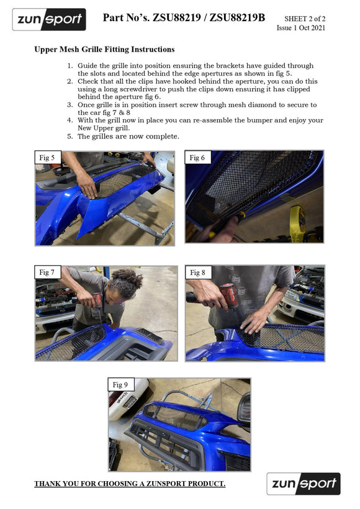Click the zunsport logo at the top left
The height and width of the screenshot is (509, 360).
click(49, 19)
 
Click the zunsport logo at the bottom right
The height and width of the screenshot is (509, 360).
click(304, 484)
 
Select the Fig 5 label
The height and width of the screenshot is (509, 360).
click(47, 158)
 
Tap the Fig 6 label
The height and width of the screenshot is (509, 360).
click(197, 158)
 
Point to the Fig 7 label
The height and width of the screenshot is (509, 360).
click(47, 273)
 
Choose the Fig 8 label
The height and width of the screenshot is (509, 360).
click(198, 273)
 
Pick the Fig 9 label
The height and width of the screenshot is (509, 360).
click(120, 385)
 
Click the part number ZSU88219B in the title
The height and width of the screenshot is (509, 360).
click(237, 17)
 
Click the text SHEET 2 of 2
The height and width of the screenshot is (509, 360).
click(305, 19)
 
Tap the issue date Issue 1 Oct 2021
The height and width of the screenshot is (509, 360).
click(300, 28)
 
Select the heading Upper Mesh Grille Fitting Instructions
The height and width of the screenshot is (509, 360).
click(104, 49)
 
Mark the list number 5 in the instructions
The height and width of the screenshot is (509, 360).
click(70, 137)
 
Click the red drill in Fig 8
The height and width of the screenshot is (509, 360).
click(228, 295)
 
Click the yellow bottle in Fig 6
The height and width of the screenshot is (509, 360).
click(298, 220)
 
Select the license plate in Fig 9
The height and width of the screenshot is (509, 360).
click(130, 402)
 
